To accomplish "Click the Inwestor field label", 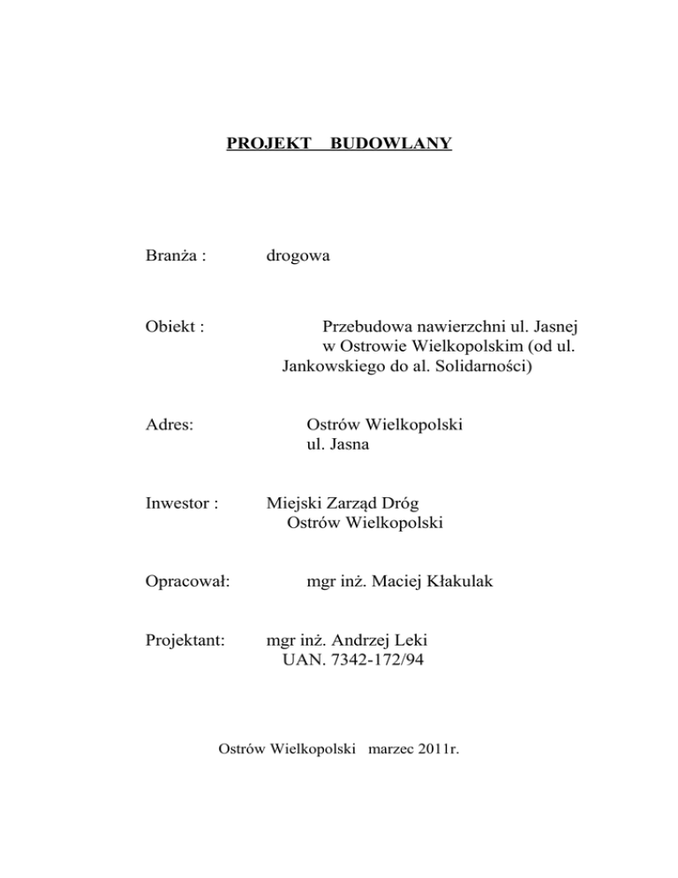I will click(x=179, y=503).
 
